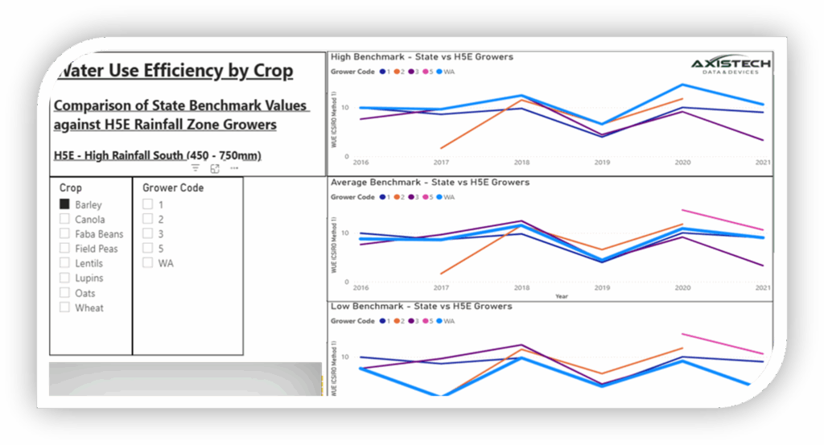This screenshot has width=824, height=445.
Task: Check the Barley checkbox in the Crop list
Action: (x=65, y=204)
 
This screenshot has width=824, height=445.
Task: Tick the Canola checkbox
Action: (x=65, y=219)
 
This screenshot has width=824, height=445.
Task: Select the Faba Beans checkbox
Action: (x=65, y=233)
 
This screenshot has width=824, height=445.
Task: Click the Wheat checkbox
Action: (x=65, y=307)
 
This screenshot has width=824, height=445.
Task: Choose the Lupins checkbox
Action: (x=65, y=278)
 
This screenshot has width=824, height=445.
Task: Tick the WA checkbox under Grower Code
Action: (x=148, y=262)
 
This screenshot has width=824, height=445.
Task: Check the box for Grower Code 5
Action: (x=148, y=248)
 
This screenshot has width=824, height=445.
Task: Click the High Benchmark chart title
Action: (x=422, y=57)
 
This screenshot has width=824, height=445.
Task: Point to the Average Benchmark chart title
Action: (x=430, y=183)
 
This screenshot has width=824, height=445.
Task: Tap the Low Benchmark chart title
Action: (x=421, y=307)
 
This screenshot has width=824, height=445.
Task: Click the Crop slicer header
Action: (x=71, y=187)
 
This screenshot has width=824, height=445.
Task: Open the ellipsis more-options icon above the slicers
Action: (x=234, y=168)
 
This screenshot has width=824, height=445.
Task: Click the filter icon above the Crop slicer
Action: (x=196, y=168)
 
